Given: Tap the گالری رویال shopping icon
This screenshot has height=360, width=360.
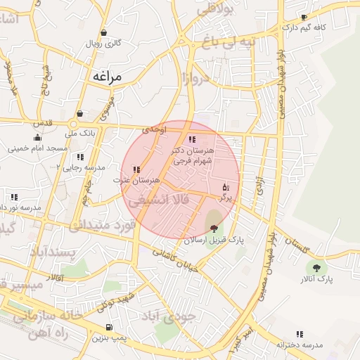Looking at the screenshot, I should (x=103, y=32).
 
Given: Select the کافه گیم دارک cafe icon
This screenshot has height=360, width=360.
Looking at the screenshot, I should (x=304, y=18).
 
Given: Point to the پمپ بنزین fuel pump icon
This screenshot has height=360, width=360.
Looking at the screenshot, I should (x=108, y=327).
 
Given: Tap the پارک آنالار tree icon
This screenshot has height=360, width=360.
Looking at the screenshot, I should (x=315, y=267).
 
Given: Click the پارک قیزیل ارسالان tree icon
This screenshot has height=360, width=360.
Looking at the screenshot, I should (x=214, y=228).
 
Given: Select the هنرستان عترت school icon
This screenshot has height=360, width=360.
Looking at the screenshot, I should (x=136, y=169).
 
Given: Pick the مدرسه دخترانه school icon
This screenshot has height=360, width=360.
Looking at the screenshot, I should (x=300, y=334).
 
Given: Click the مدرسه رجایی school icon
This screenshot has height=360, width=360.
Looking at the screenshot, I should (x=80, y=157).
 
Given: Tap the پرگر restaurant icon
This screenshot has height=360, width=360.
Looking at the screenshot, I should (x=225, y=187).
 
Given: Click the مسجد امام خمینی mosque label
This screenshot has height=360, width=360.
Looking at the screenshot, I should (x=38, y=149).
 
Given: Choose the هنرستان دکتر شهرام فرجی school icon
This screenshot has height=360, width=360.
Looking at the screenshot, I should (x=193, y=139).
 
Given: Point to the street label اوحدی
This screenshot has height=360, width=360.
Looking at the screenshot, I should (x=155, y=129).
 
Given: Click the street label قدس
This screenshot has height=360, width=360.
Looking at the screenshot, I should (x=43, y=122).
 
